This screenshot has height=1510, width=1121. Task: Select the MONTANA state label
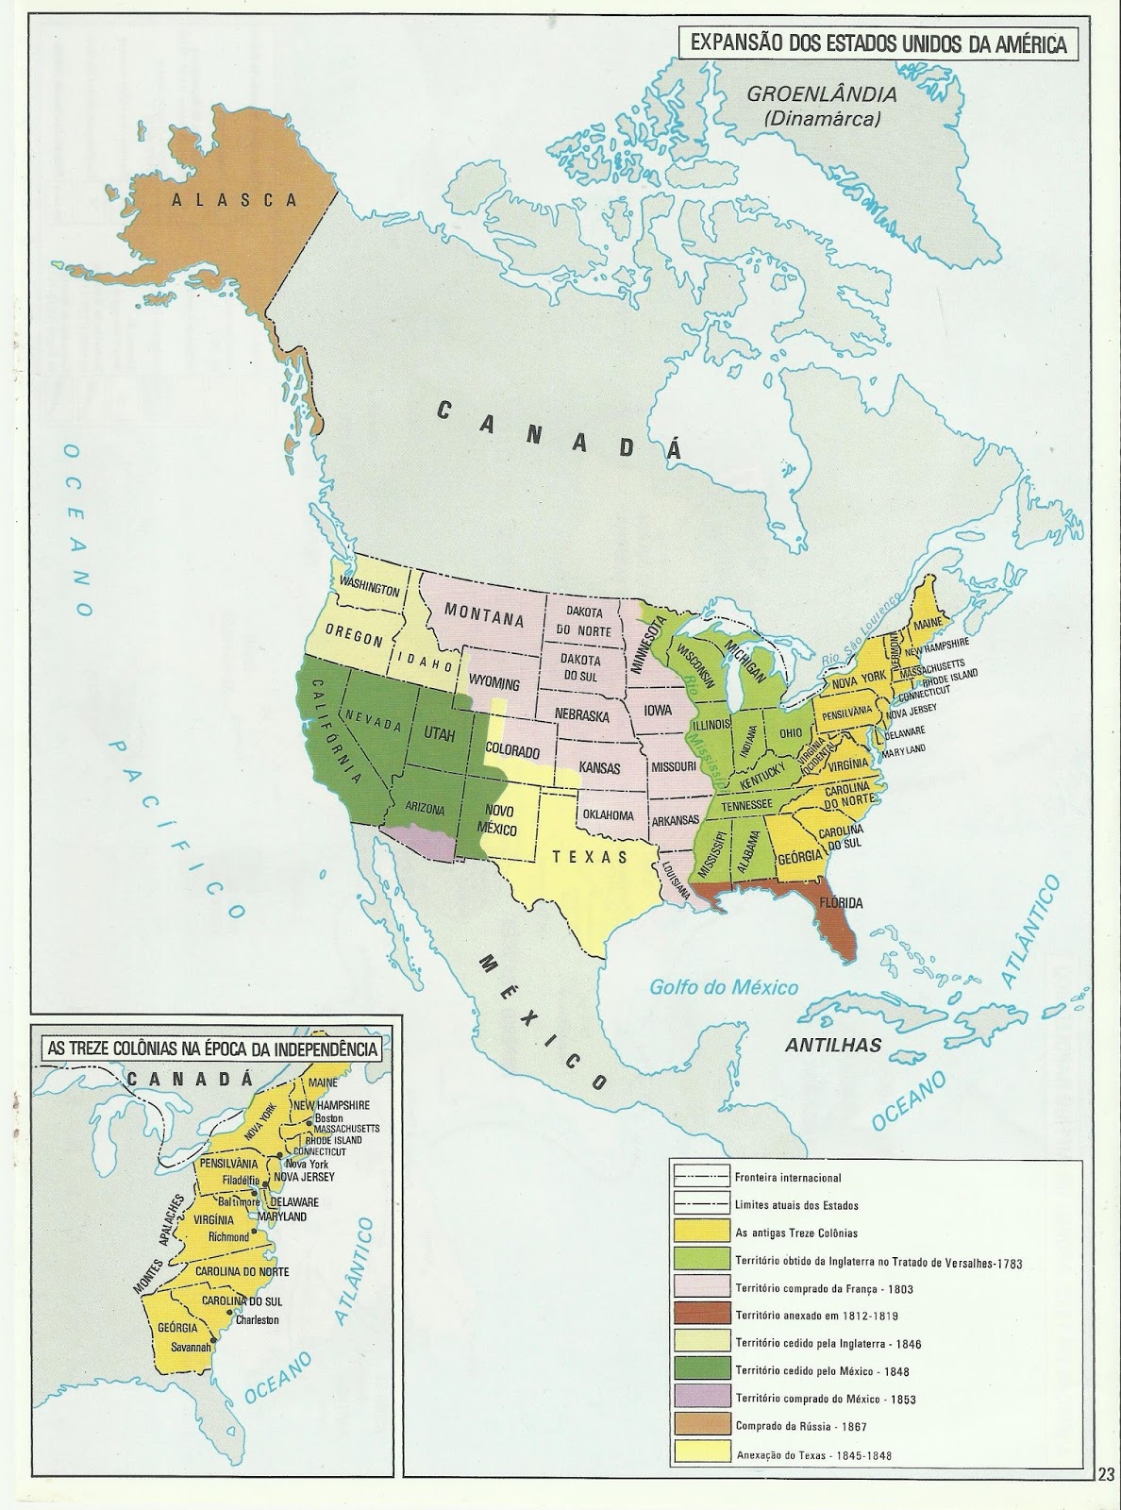(x=485, y=619)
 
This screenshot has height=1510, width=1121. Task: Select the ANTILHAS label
(x=834, y=1045)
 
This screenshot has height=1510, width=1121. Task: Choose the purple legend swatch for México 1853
(x=702, y=1398)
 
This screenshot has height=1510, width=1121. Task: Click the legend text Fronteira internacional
(x=786, y=1178)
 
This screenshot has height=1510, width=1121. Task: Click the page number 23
(x=1106, y=1498)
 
